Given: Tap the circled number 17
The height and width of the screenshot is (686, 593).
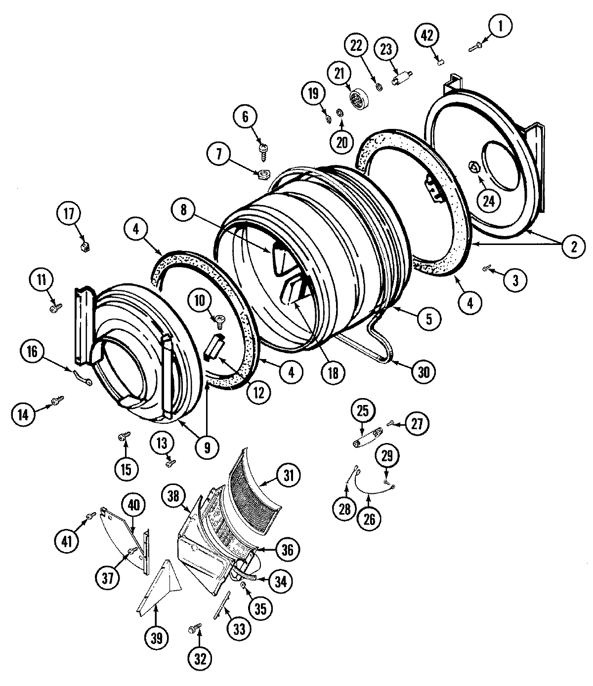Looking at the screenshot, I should click(68, 215).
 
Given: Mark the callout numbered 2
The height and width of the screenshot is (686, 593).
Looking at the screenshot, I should click(573, 246).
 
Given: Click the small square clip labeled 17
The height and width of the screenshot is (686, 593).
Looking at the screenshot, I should click(84, 245).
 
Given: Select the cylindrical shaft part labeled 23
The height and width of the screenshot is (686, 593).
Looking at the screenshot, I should click(402, 79).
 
